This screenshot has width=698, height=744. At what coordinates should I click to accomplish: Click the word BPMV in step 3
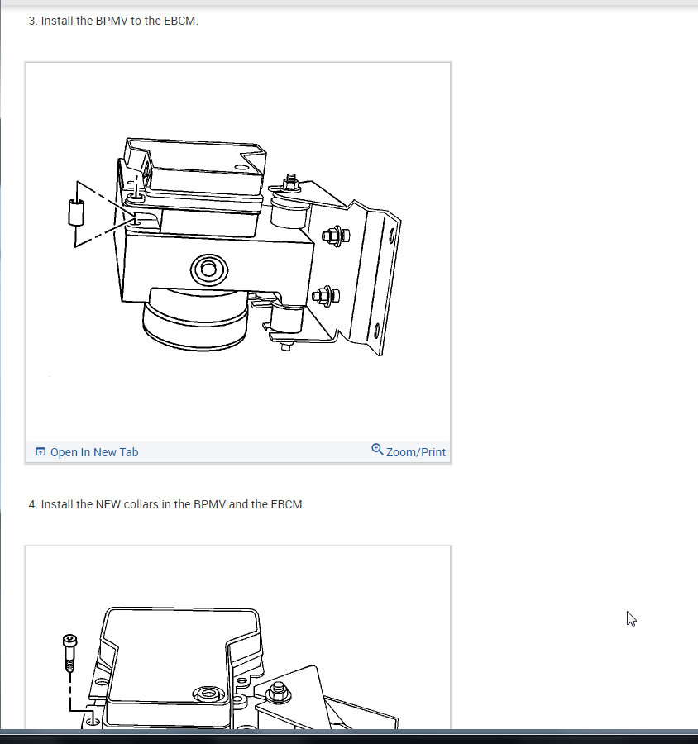click(112, 21)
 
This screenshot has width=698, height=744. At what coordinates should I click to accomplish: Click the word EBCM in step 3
click(180, 21)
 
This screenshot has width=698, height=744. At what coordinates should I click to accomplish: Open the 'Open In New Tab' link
click(94, 452)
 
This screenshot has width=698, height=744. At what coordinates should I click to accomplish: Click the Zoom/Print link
click(415, 452)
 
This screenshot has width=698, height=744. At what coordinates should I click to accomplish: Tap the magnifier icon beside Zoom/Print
click(377, 450)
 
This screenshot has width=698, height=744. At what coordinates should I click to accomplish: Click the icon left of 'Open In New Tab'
click(41, 452)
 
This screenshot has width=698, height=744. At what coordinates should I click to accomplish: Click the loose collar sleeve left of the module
click(76, 213)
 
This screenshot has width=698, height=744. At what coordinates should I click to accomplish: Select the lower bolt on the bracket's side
click(323, 294)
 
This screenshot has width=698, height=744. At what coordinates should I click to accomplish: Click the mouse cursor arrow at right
click(631, 618)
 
